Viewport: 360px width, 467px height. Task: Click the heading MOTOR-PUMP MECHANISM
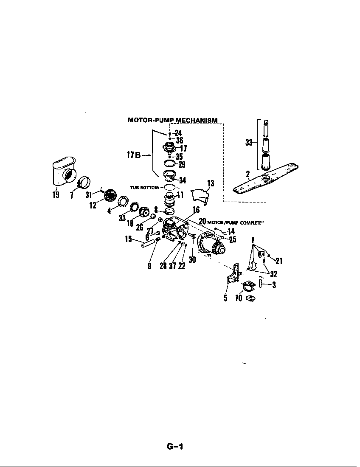(173, 120)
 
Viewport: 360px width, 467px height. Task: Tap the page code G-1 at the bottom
(175, 447)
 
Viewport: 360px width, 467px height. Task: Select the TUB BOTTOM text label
(144, 187)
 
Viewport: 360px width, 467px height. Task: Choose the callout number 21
(278, 261)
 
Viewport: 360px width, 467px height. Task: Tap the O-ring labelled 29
(169, 164)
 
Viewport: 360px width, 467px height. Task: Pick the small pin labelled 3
(261, 283)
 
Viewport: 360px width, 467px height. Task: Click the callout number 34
(182, 180)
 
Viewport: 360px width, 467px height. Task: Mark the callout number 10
(238, 298)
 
